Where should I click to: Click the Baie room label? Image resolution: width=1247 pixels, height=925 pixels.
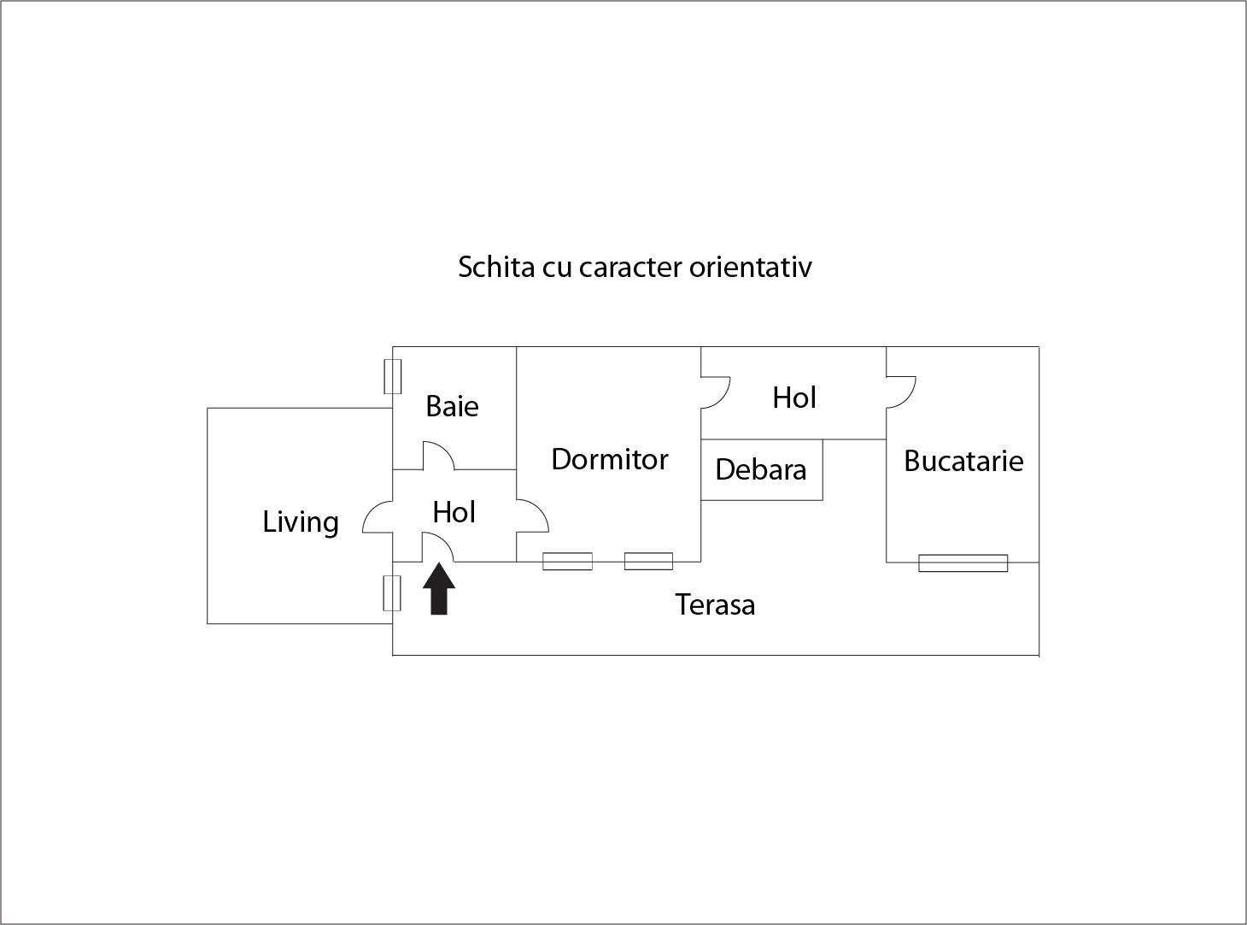[452, 406]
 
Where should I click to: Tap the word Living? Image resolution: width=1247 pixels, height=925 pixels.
[301, 521]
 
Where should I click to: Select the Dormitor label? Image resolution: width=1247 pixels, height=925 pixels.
[610, 459]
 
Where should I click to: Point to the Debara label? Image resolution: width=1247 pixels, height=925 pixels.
[761, 469]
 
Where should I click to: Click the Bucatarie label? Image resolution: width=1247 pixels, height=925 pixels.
[963, 461]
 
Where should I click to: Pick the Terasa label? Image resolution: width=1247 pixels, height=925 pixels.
[715, 604]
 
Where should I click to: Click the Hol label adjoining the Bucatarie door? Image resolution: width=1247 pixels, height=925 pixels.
[793, 398]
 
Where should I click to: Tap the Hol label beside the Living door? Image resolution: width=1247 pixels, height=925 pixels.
[454, 512]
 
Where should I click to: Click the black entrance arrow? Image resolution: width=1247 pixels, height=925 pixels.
[439, 588]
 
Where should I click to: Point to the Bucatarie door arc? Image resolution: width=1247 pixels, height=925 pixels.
[909, 397]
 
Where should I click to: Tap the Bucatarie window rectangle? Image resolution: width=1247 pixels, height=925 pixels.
[963, 563]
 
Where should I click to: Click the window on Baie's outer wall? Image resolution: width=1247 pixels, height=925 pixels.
[392, 376]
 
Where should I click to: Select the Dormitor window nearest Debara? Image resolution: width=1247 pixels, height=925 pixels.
[648, 562]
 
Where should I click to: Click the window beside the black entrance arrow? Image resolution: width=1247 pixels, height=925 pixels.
[392, 592]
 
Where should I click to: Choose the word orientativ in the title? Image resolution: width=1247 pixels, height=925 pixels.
[751, 267]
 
